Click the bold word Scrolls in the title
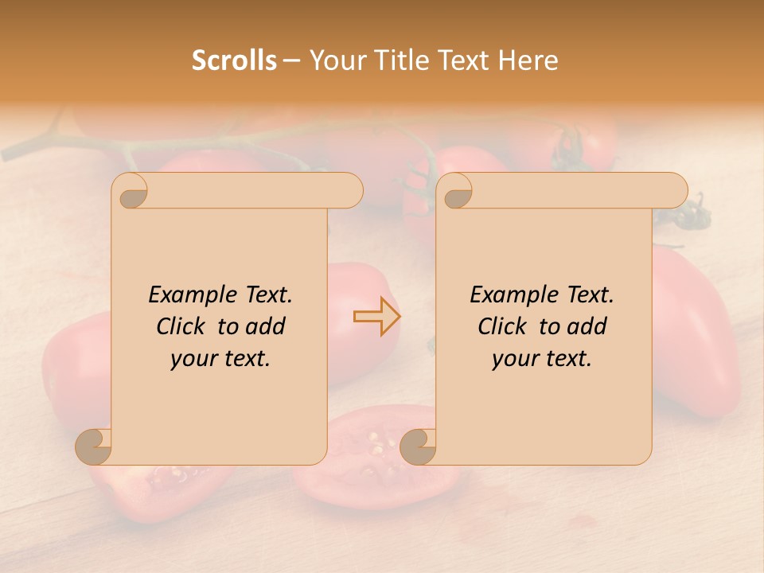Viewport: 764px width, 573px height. click(x=234, y=60)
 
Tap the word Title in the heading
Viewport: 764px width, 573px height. click(x=395, y=60)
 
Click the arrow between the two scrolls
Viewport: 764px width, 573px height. click(x=376, y=316)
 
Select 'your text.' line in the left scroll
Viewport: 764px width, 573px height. click(x=220, y=359)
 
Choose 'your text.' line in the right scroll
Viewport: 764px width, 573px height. click(x=542, y=359)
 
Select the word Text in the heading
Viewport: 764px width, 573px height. click(x=461, y=60)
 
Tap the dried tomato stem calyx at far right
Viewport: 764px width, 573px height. click(x=691, y=213)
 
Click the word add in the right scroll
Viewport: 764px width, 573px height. click(x=587, y=326)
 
